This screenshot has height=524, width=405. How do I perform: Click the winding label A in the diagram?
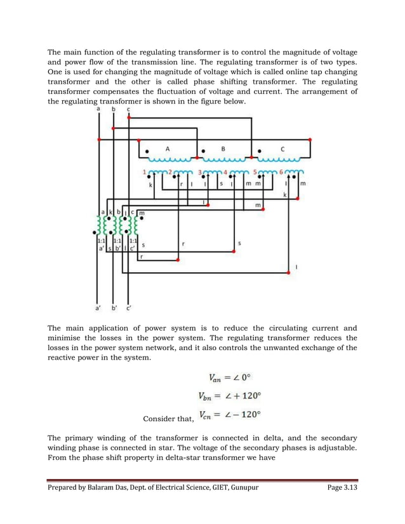pos(168,148)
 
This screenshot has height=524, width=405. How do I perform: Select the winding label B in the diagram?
pos(223,148)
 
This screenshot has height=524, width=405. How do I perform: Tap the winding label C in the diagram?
pos(282,148)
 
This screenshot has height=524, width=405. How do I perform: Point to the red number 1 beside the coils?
pos(144,171)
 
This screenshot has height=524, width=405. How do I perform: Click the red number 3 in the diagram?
pos(200,171)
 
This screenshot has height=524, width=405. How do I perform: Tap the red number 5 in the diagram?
pos(255,171)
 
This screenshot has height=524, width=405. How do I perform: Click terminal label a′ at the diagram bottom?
pos(98,309)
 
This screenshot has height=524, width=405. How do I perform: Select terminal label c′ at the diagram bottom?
pos(129,309)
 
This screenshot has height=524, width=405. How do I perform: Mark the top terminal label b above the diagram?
pos(114,109)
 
